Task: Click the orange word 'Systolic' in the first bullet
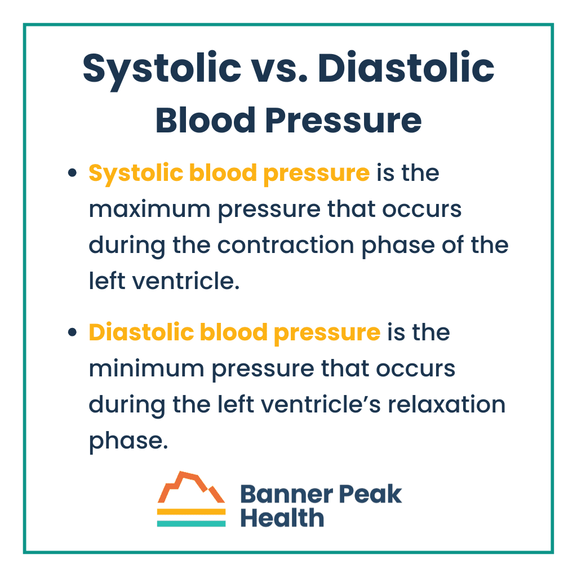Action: (x=129, y=173)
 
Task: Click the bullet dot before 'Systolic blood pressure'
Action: (x=72, y=174)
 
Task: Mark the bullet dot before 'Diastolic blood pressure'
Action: (x=72, y=333)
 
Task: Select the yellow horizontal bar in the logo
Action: (x=191, y=512)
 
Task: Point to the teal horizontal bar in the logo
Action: (x=191, y=523)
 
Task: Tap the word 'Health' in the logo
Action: (x=282, y=517)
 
